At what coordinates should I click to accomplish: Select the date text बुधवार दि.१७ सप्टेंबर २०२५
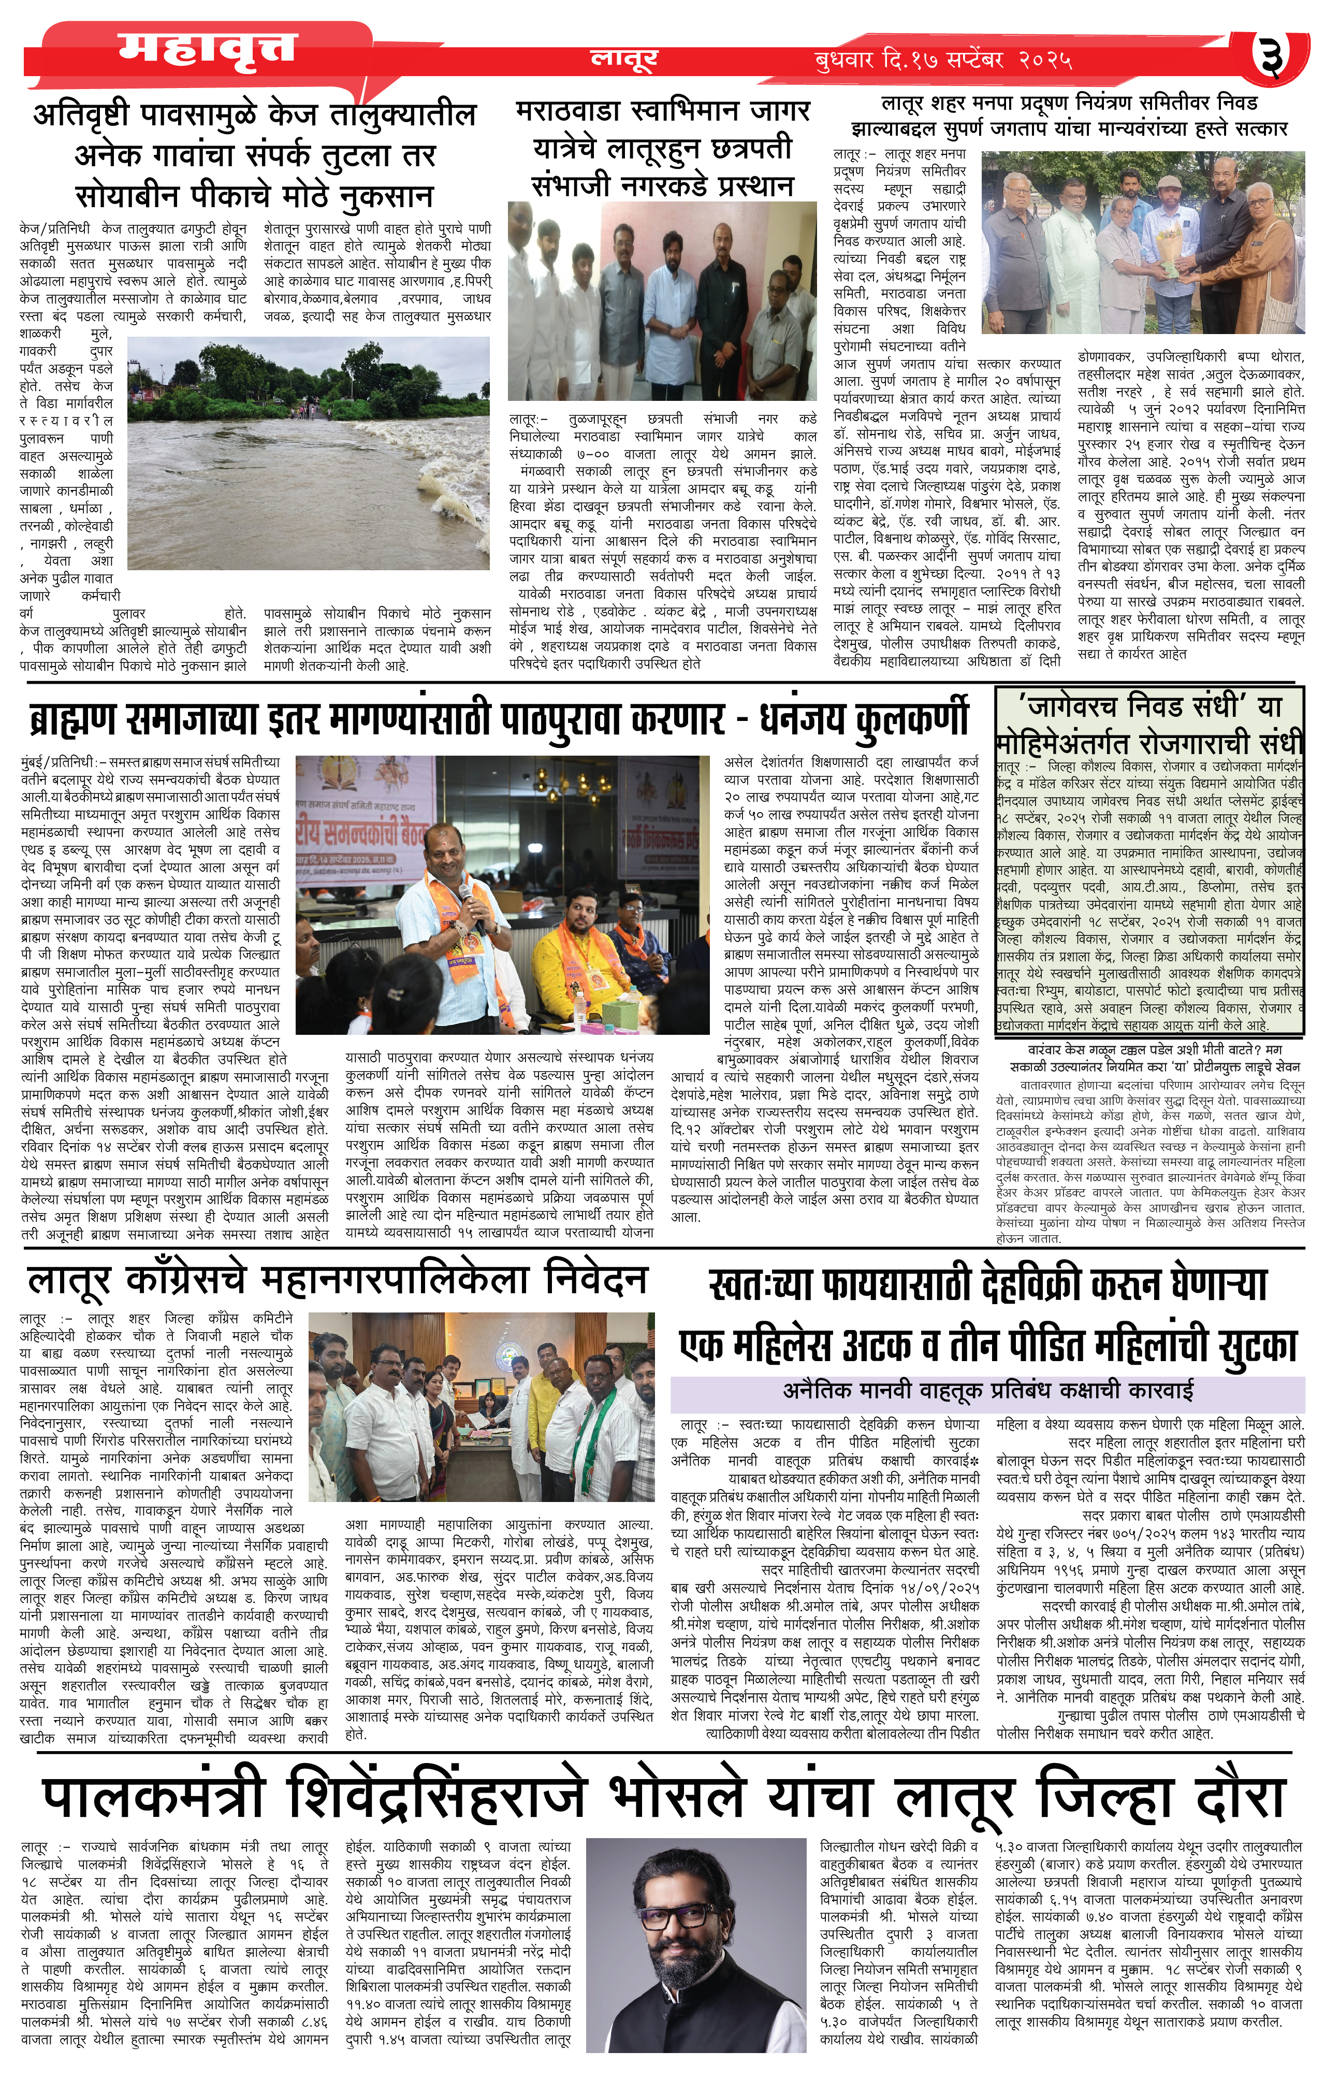(x=943, y=61)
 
